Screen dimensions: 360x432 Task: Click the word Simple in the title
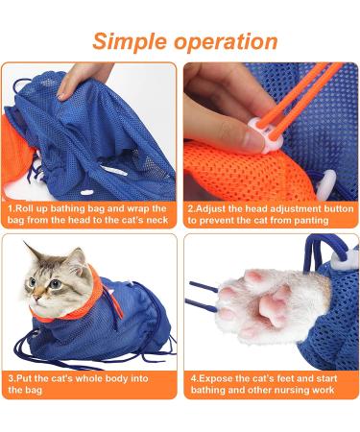coord(131,42)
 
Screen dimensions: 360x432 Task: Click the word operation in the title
coord(226,42)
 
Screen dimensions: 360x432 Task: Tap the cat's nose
coord(36,297)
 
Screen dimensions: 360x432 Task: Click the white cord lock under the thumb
coord(266,133)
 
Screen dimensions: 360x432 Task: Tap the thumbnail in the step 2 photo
coord(253,137)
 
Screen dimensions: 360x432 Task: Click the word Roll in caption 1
coord(25,209)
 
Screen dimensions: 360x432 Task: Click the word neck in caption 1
coord(157,220)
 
